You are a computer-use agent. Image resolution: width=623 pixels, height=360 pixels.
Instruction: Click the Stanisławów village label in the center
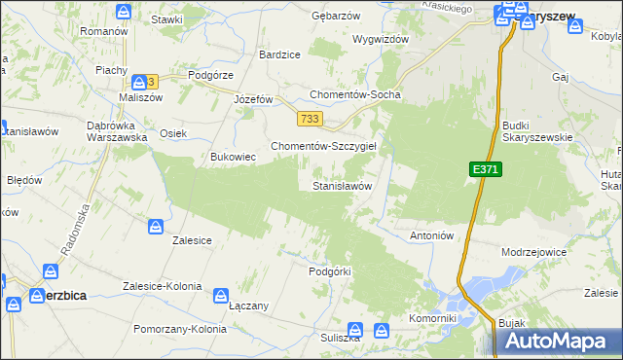point(342,185)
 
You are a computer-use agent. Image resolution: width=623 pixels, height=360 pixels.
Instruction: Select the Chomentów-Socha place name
point(354,95)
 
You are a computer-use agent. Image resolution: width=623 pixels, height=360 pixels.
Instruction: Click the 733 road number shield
point(311,119)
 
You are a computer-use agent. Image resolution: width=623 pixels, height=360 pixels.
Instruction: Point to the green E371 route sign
point(486,169)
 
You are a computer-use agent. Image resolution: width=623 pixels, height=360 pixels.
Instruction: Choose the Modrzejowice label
point(532,251)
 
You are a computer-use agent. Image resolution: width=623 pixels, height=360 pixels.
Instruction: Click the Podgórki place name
point(328,271)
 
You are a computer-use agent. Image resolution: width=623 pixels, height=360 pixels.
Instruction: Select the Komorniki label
point(433,318)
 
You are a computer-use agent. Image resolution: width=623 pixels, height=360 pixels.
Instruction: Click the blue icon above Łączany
point(222,294)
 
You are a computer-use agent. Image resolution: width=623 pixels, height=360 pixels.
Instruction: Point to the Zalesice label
point(192,239)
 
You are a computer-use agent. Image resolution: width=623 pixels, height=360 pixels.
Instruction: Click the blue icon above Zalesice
point(157,227)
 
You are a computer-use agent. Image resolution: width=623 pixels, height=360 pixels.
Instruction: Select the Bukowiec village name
point(234,156)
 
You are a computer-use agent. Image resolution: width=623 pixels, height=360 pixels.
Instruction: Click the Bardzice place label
point(279,54)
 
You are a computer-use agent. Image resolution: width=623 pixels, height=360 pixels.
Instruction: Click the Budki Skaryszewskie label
point(537,131)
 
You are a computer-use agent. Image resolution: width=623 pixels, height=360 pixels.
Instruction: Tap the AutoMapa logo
point(559,342)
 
